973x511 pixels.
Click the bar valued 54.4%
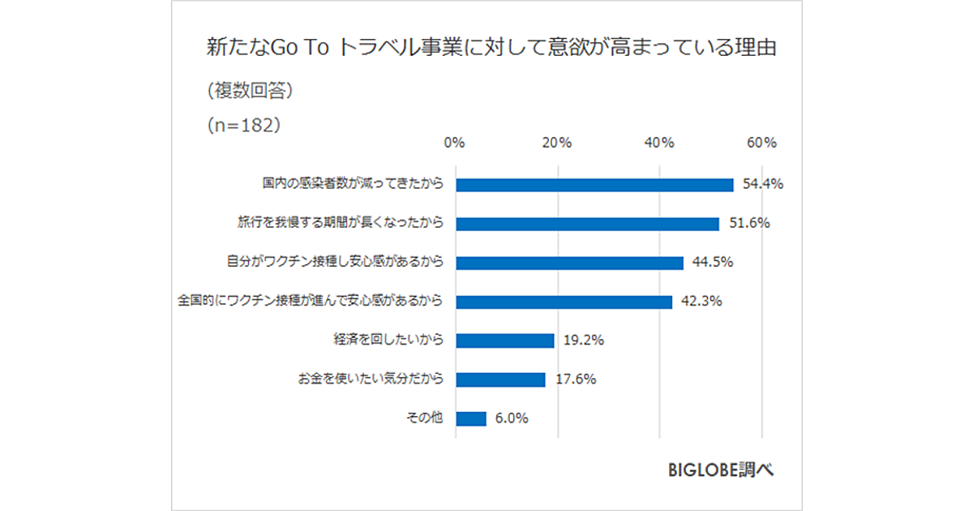click(x=594, y=184)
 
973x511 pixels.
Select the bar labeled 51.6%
click(x=587, y=223)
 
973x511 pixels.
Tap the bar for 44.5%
click(x=569, y=262)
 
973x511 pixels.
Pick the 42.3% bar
click(x=564, y=302)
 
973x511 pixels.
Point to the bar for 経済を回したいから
click(x=504, y=341)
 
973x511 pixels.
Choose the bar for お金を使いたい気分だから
click(x=500, y=380)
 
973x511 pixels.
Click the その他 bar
click(x=471, y=419)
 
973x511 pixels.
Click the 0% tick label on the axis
click(x=455, y=143)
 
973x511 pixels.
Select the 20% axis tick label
click(x=557, y=143)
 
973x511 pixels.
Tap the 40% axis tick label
click(x=659, y=143)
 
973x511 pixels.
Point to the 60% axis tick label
click(x=762, y=143)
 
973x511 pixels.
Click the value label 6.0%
click(x=511, y=419)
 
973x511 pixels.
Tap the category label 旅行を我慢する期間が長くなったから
click(x=341, y=223)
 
